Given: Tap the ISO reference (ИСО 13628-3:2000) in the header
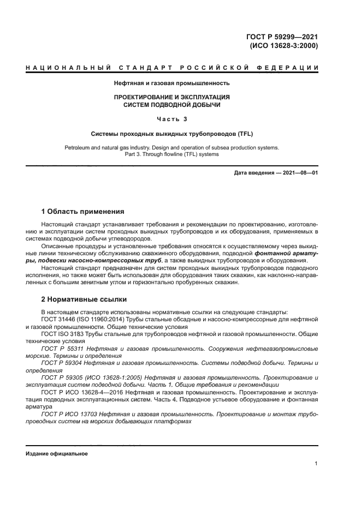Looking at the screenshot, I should point(283,46).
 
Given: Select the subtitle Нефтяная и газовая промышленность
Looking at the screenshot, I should point(171,83).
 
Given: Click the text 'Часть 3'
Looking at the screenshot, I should point(171,119).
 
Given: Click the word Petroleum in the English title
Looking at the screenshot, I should point(78,147).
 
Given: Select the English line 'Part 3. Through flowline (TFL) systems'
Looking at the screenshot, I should point(171,154).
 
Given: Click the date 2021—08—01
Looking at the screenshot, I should point(299,173).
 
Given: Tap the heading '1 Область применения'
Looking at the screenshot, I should point(83,212).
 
